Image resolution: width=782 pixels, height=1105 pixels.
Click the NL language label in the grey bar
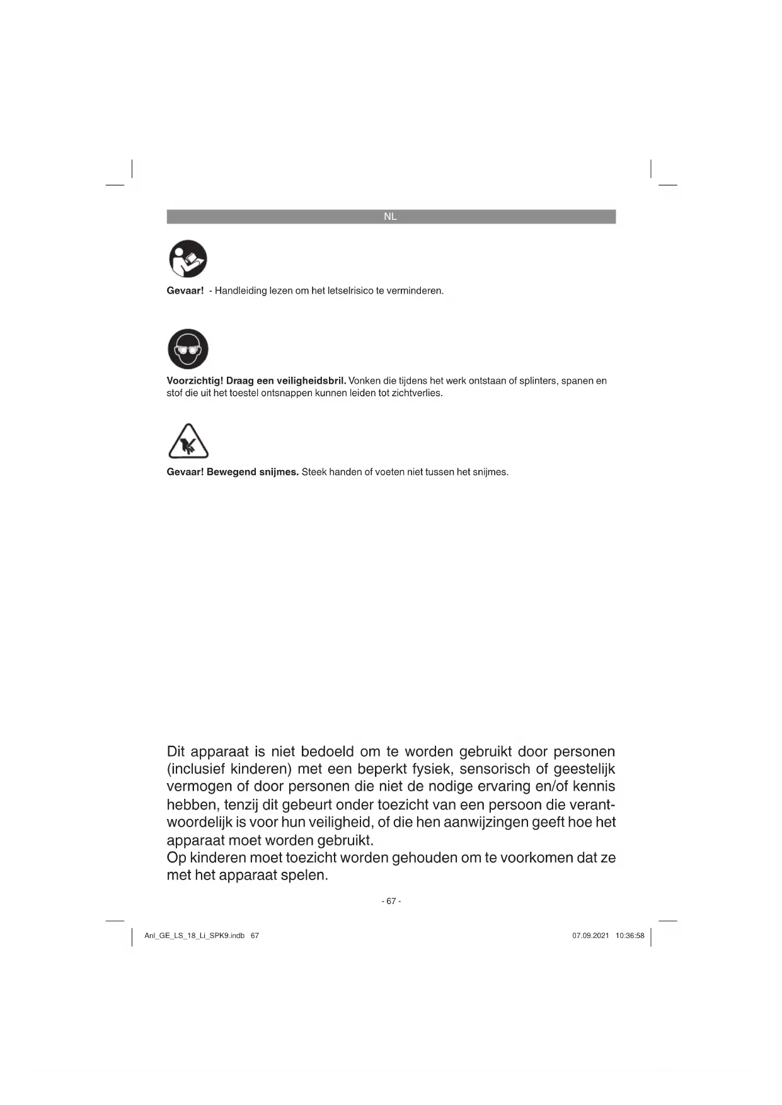pyautogui.click(x=390, y=217)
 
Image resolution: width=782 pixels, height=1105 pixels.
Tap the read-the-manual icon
pyautogui.click(x=188, y=259)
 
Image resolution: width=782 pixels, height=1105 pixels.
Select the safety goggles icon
pyautogui.click(x=188, y=349)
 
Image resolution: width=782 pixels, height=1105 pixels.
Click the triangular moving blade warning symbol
pyautogui.click(x=188, y=442)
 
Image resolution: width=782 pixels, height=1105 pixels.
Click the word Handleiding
pyautogui.click(x=241, y=291)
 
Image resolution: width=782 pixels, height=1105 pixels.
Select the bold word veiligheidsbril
pyautogui.click(x=311, y=381)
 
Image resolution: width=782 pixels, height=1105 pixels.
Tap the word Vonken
pyautogui.click(x=364, y=381)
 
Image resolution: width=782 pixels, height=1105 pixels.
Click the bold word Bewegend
pyautogui.click(x=231, y=472)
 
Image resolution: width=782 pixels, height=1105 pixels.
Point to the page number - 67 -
pyautogui.click(x=391, y=902)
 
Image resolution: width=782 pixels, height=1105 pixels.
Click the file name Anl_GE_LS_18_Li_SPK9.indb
pyautogui.click(x=194, y=936)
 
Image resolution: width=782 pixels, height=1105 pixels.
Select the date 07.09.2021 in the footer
pyautogui.click(x=590, y=936)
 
